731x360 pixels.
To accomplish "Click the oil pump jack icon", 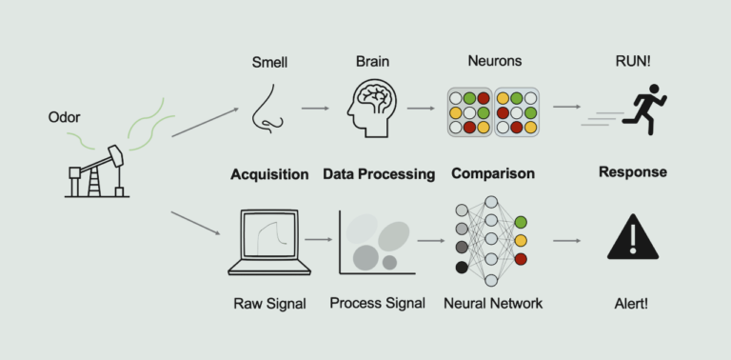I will click(x=98, y=171).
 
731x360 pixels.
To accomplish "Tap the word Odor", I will click(x=64, y=118).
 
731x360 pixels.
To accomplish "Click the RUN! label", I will click(x=632, y=63).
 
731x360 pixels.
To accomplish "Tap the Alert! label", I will click(x=632, y=304).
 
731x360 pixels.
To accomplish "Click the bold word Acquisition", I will click(x=269, y=174).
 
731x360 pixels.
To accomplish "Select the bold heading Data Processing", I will click(x=379, y=174).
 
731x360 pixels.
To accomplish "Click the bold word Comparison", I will click(x=492, y=174).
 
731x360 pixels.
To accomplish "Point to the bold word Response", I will click(x=632, y=172).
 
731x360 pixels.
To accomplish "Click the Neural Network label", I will click(x=493, y=304).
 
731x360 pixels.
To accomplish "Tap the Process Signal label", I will click(x=375, y=304).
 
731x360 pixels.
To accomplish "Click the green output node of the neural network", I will click(x=520, y=222).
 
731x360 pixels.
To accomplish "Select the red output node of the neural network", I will click(x=520, y=258).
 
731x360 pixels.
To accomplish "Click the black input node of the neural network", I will click(x=462, y=268).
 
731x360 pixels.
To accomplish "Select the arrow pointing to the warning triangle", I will click(x=567, y=240).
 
